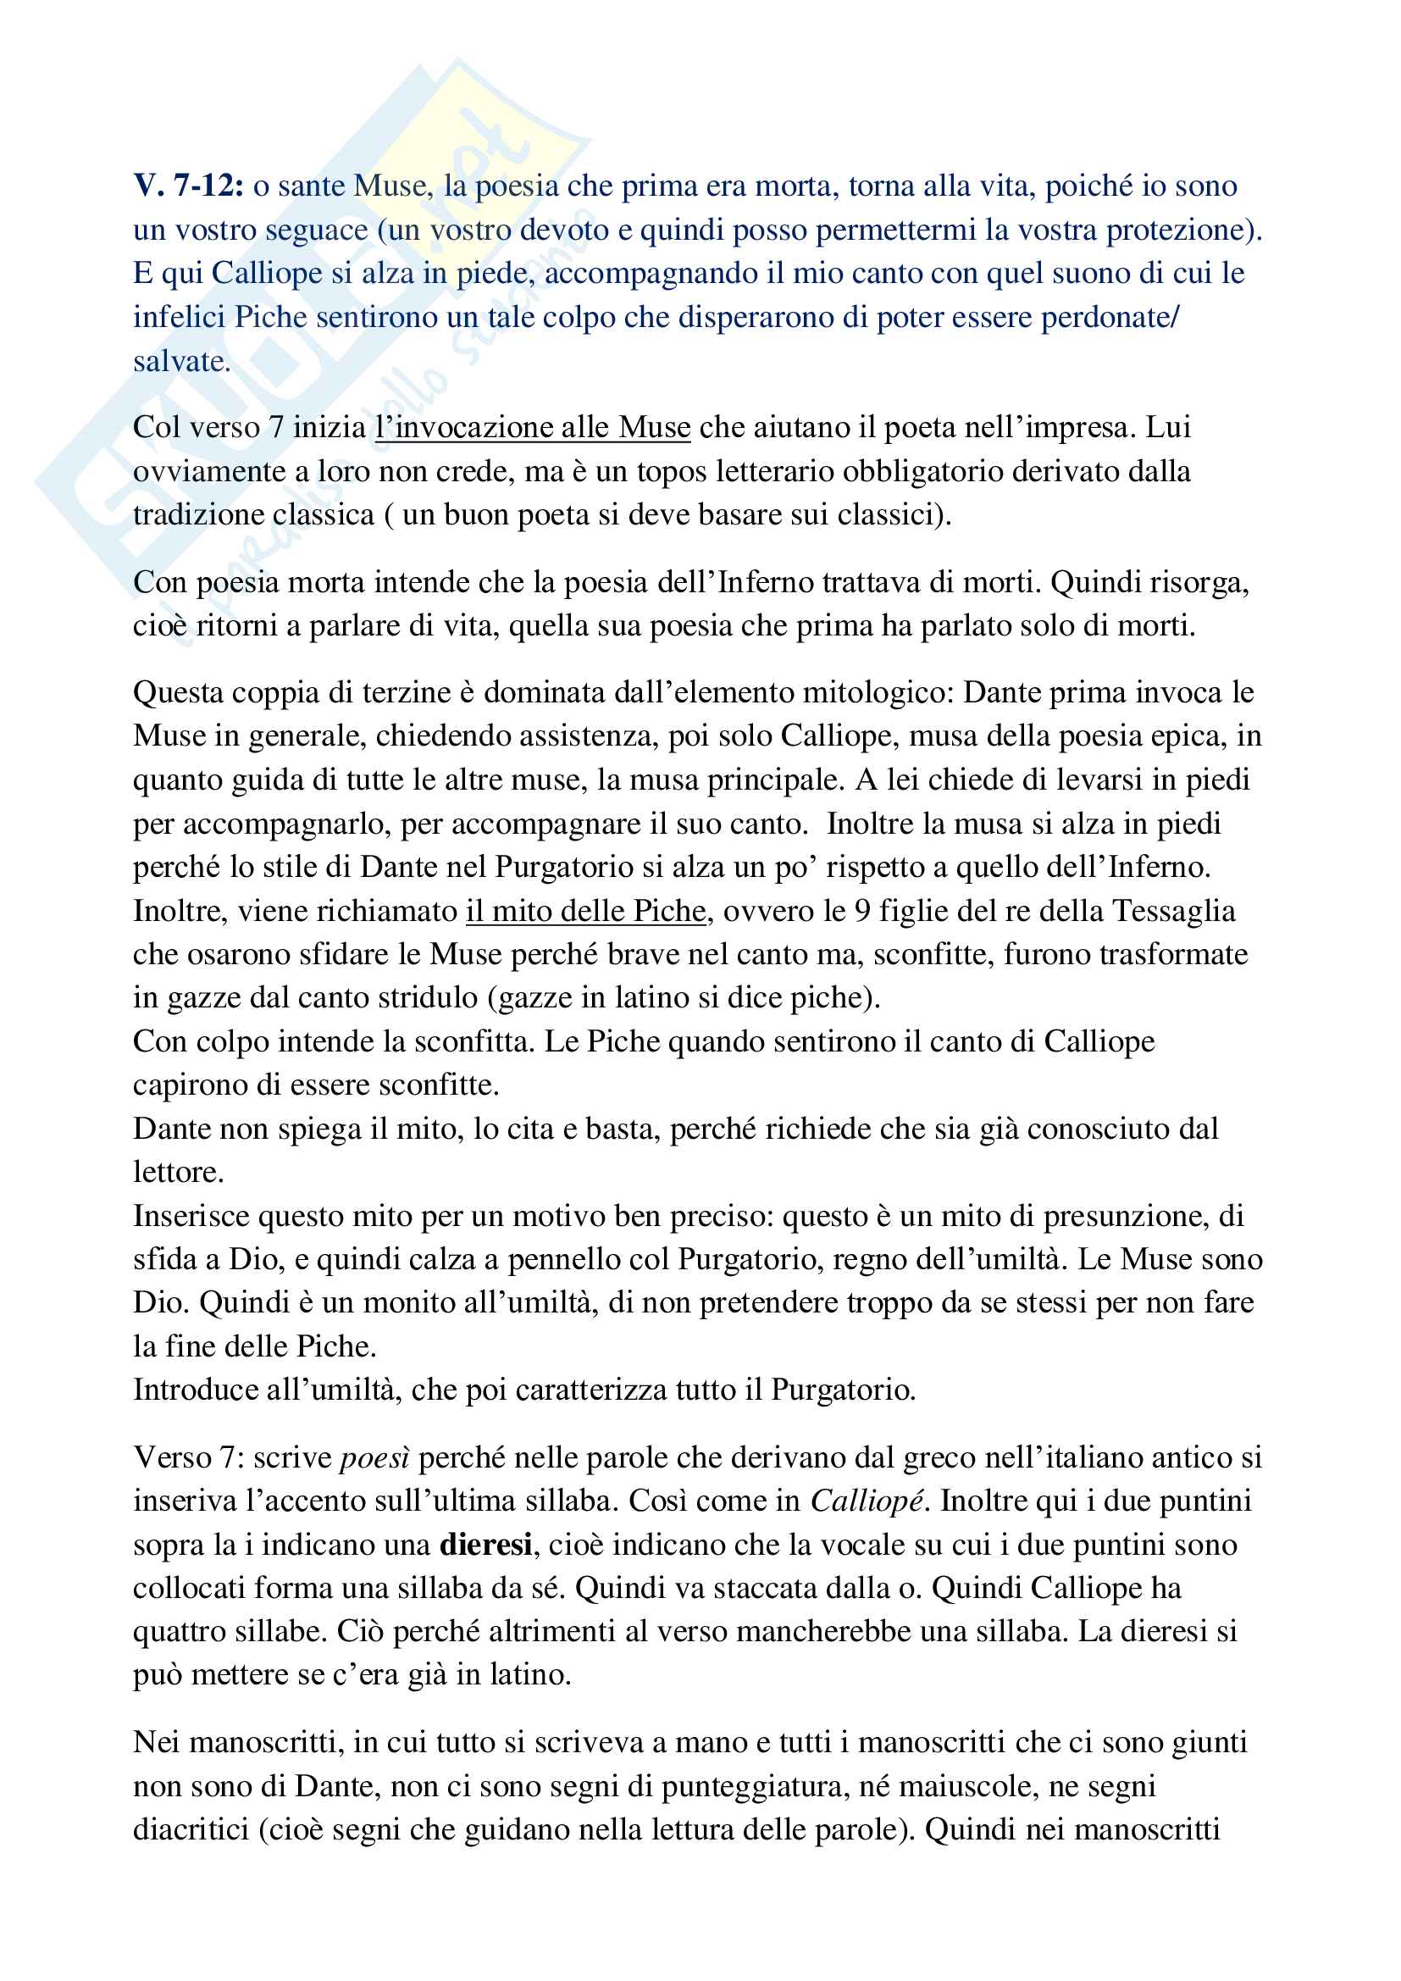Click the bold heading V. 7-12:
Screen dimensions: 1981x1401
pos(188,186)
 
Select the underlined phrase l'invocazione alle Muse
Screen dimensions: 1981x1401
pos(532,427)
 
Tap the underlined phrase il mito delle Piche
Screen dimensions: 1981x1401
pos(586,910)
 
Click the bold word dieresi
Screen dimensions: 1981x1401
pos(485,1544)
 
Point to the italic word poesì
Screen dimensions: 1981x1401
pos(374,1457)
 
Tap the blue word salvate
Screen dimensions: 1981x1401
pos(181,361)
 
